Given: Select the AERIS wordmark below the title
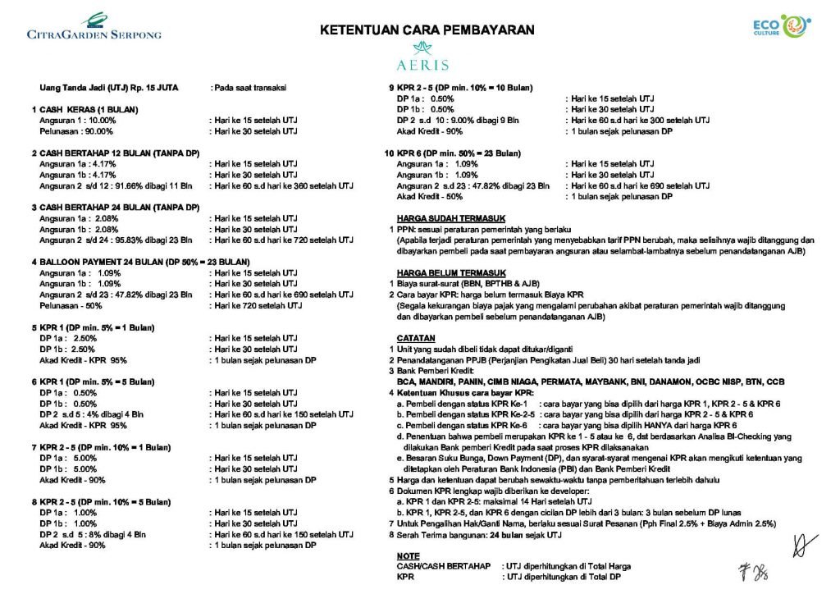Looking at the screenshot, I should (421, 64).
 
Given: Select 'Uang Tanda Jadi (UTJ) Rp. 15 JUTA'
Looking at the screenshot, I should (109, 87).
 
